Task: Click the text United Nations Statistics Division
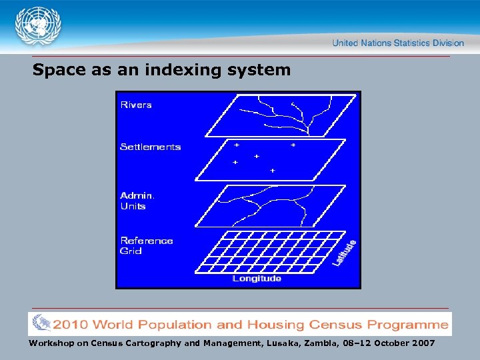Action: [x=398, y=43]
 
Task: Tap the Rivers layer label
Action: [x=135, y=105]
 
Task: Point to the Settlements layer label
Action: [x=150, y=147]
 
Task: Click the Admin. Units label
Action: [x=137, y=201]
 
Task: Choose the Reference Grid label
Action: [x=146, y=245]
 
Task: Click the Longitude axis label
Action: [x=257, y=279]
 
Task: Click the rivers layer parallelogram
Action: [x=280, y=115]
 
